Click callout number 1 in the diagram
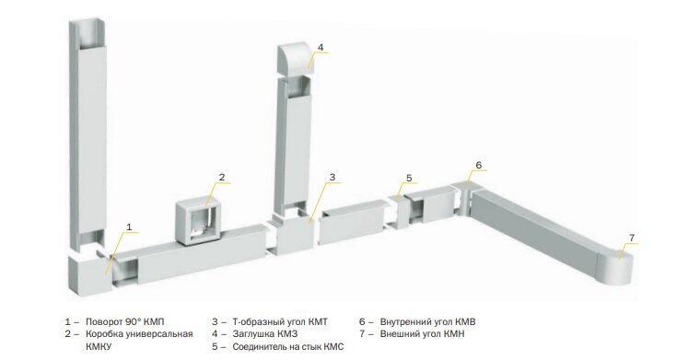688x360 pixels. [129, 226]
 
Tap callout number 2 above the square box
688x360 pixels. [222, 177]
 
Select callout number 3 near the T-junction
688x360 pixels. [332, 177]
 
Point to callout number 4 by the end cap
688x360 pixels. [321, 47]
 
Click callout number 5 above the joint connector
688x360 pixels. [409, 178]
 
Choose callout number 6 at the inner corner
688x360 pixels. [479, 165]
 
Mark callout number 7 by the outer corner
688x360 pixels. [632, 238]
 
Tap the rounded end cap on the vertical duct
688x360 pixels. [296, 58]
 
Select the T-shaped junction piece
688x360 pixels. [294, 236]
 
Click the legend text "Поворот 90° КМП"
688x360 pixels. [124, 322]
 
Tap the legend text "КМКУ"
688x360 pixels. [99, 347]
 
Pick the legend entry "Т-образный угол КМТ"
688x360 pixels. [280, 322]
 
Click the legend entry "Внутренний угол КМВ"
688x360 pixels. [427, 322]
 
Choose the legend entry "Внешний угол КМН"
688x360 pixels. [422, 334]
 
